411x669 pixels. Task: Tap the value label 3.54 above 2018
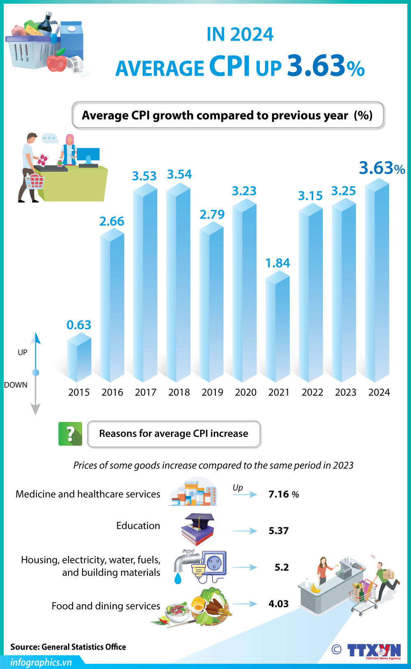pyautogui.click(x=179, y=174)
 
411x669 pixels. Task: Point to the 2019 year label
pyautogui.click(x=212, y=392)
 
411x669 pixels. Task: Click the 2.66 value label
pyautogui.click(x=111, y=221)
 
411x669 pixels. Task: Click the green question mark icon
pyautogui.click(x=70, y=434)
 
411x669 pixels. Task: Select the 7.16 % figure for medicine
pyautogui.click(x=284, y=494)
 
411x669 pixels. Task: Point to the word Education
pyautogui.click(x=138, y=526)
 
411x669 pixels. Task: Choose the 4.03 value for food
pyautogui.click(x=279, y=604)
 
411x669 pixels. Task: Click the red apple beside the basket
pyautogui.click(x=56, y=62)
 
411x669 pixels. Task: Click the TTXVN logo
pyautogui.click(x=374, y=651)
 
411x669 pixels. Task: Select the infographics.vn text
pyautogui.click(x=41, y=662)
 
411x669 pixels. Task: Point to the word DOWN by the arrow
pyautogui.click(x=16, y=385)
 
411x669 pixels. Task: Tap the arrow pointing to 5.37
pyautogui.click(x=245, y=531)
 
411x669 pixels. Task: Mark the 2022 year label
pyautogui.click(x=312, y=392)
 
